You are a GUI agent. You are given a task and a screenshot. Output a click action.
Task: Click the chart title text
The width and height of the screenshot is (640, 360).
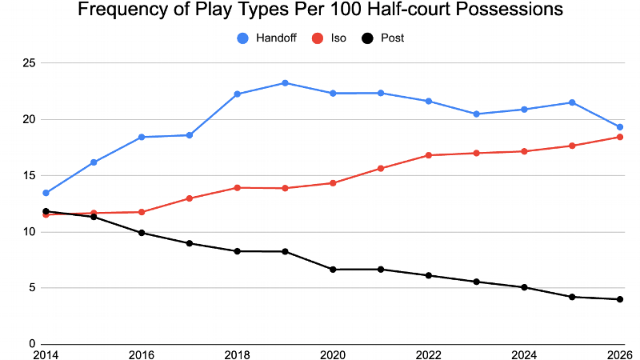point(320,11)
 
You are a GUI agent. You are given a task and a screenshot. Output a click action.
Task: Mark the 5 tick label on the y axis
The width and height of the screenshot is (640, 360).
point(33,288)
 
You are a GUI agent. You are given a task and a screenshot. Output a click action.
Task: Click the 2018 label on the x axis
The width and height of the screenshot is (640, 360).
point(238,353)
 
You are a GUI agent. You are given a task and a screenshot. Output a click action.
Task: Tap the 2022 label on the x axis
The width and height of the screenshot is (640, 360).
point(429,353)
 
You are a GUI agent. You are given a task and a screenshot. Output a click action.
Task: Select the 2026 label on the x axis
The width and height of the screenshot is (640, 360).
point(619,353)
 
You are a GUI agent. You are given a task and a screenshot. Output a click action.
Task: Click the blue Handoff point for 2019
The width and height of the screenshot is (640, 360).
point(285,83)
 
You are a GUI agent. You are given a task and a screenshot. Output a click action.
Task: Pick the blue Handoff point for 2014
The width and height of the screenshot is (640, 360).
point(46,193)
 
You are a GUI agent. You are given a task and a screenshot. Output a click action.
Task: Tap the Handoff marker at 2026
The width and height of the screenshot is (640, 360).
point(620,127)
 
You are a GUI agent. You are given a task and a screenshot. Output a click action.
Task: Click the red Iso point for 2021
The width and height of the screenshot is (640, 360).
point(381,168)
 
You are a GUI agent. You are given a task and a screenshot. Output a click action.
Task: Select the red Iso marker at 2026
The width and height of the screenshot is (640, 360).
point(620,137)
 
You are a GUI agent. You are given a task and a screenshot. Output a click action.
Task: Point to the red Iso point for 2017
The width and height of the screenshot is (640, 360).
point(190,198)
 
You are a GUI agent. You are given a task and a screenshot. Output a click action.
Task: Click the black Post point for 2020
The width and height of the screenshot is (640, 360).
point(333,270)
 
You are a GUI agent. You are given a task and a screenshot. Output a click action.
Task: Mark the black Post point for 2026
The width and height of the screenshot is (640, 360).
point(620,299)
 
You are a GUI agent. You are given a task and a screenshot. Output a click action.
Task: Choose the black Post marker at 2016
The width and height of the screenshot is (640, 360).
point(142,233)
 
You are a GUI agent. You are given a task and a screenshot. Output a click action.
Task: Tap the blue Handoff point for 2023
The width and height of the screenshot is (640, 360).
point(476,114)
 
